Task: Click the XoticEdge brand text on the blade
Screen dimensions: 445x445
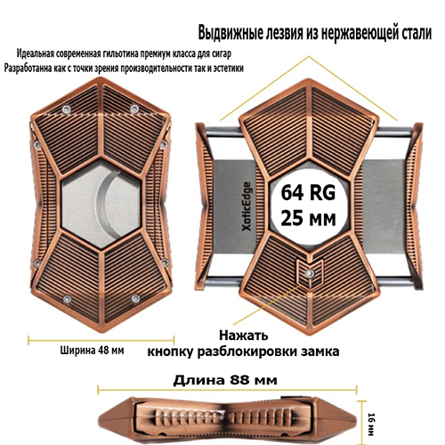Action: click(247, 206)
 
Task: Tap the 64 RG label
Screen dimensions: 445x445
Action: click(308, 193)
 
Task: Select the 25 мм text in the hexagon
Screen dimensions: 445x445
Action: click(309, 219)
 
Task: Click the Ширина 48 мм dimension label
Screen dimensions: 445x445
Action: click(93, 351)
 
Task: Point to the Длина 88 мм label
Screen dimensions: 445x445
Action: click(225, 380)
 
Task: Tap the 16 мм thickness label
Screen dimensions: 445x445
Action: click(371, 425)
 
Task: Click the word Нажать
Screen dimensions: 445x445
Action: click(244, 336)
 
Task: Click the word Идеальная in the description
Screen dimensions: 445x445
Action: click(36, 54)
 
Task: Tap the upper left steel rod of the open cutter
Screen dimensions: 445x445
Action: click(225, 132)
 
